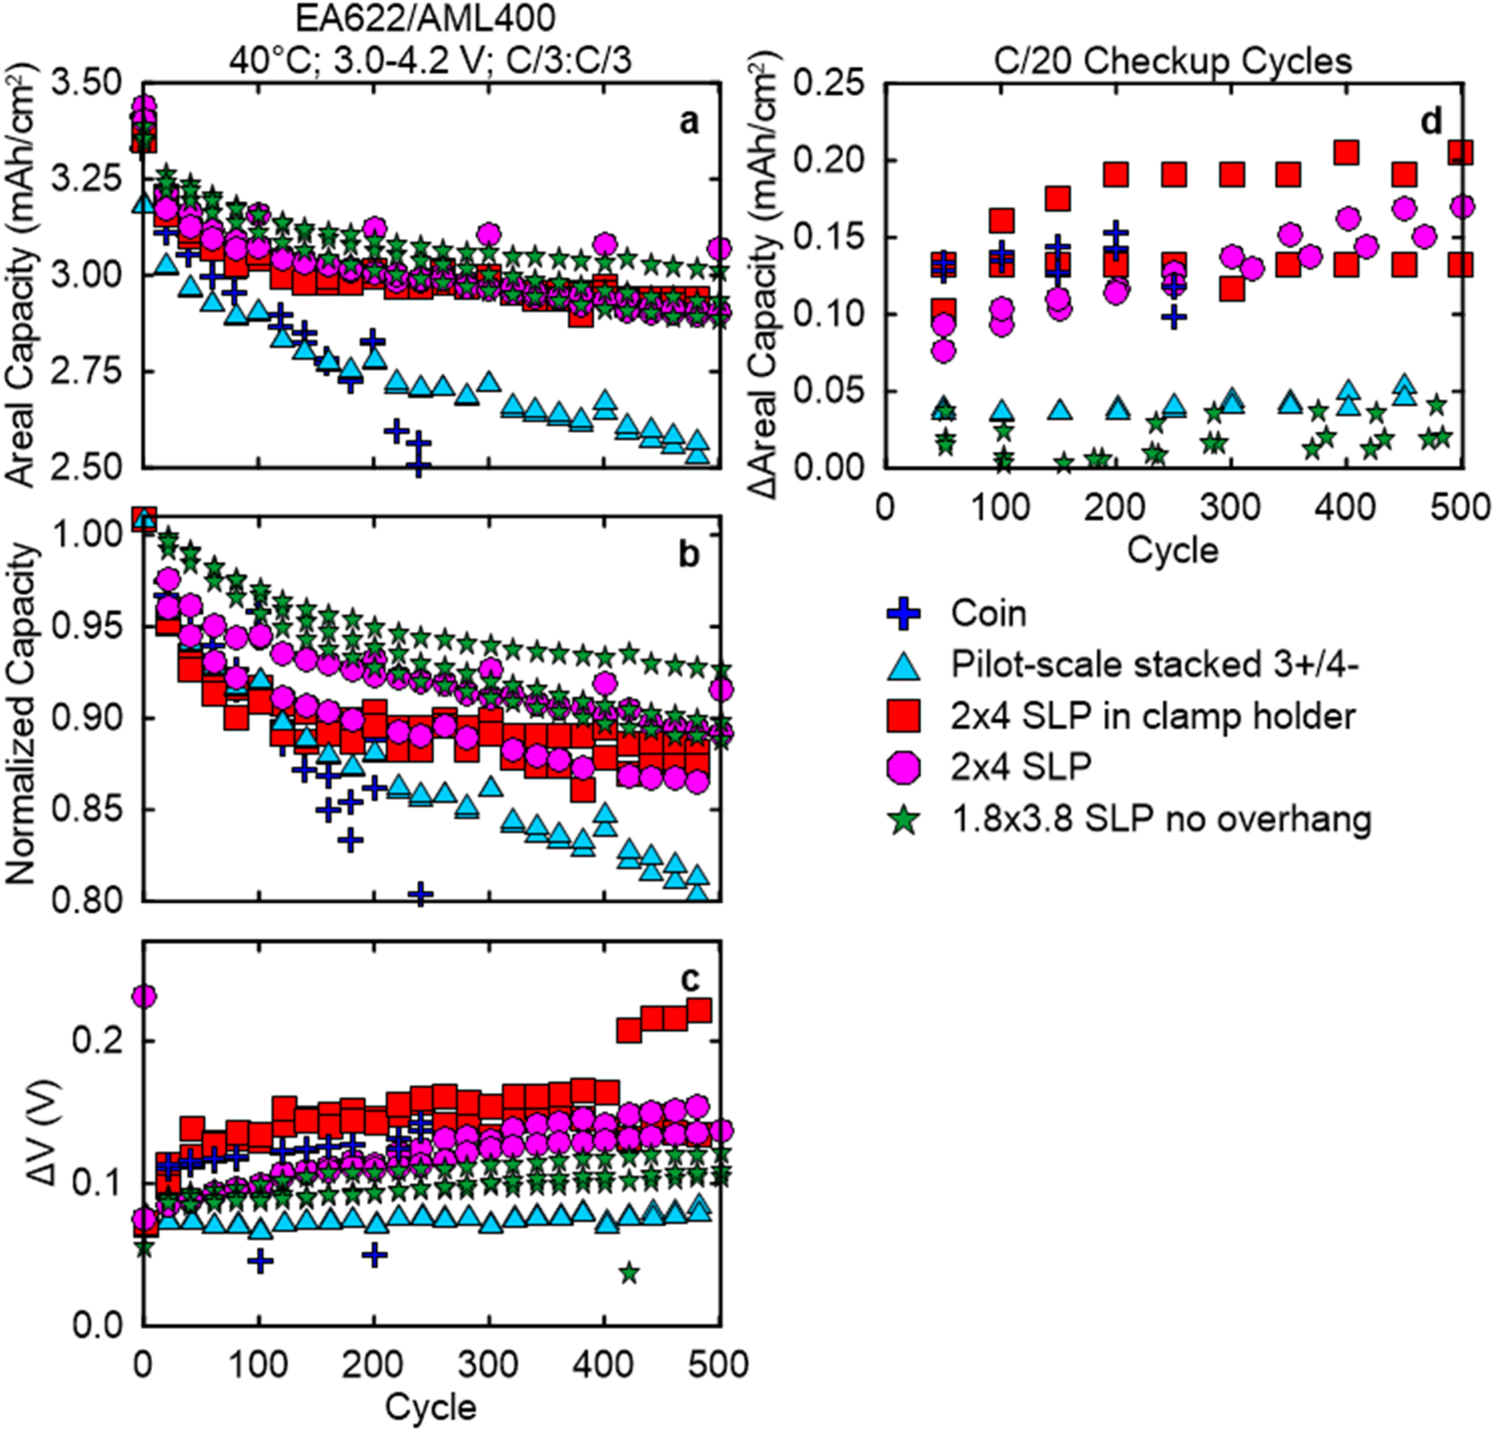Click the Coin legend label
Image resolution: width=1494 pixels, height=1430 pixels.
[x=988, y=614]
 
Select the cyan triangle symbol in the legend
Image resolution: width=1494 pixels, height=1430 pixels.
[x=904, y=666]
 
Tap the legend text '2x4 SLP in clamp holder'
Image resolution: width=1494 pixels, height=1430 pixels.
[x=1153, y=717]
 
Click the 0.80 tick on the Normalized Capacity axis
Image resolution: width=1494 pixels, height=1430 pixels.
[x=85, y=901]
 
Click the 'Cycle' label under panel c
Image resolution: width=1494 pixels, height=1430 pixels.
[x=431, y=1405]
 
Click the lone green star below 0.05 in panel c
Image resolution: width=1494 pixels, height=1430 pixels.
[x=630, y=1273]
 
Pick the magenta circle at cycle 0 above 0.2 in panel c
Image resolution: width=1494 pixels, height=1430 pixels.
[x=144, y=997]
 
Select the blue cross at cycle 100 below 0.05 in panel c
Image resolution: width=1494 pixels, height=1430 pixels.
[x=260, y=1262]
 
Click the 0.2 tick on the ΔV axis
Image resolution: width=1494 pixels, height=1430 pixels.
[x=105, y=1041]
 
